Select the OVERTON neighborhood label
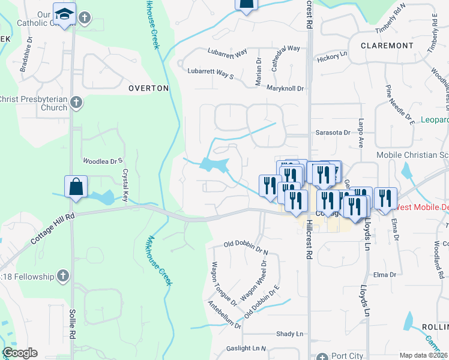[x=149, y=88]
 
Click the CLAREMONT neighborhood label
[x=387, y=46]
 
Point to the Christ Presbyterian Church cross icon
[x=76, y=103]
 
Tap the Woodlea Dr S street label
[x=103, y=161]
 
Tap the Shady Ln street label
[x=290, y=334]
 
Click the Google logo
[x=20, y=353]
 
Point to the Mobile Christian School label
[x=412, y=155]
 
